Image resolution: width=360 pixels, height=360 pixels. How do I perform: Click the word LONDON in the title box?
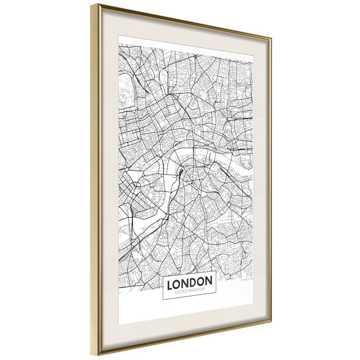coord(189,281)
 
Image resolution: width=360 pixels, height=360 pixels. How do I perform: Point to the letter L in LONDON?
coord(170,283)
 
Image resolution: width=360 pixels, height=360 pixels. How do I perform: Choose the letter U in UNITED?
coord(172,291)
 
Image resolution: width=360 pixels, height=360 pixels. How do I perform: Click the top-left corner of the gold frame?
coord(92,5)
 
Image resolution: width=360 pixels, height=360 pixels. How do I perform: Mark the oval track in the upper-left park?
coord(125,97)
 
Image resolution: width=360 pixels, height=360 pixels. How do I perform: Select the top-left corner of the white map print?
coord(119,36)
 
